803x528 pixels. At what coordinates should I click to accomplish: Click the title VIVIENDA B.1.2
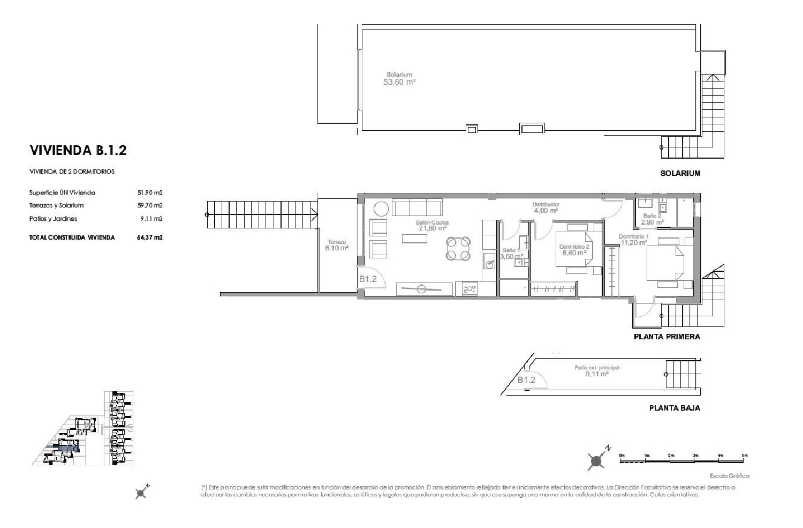pyautogui.click(x=78, y=150)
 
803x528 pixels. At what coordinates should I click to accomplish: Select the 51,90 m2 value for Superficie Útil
pyautogui.click(x=150, y=192)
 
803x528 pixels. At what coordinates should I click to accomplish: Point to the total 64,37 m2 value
pyautogui.click(x=150, y=237)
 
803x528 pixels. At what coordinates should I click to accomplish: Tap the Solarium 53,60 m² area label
pyautogui.click(x=399, y=79)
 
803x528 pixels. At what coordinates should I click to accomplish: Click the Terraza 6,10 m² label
pyautogui.click(x=337, y=245)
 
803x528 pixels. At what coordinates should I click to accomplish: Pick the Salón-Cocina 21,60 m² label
pyautogui.click(x=433, y=225)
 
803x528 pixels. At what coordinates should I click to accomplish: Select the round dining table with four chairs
pyautogui.click(x=459, y=248)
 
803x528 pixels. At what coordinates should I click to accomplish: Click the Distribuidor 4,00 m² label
pyautogui.click(x=546, y=207)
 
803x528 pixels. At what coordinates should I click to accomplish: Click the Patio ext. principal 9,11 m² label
pyautogui.click(x=597, y=371)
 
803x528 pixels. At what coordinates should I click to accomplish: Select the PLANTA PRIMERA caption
pyautogui.click(x=666, y=337)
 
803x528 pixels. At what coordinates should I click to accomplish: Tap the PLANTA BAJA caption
pyautogui.click(x=674, y=408)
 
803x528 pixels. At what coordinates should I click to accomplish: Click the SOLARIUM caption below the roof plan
pyautogui.click(x=680, y=173)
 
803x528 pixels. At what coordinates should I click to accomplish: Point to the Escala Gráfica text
pyautogui.click(x=729, y=475)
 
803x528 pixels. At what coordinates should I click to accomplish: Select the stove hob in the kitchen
pyautogui.click(x=469, y=289)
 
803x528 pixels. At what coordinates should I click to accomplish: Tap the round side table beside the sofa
pyautogui.click(x=382, y=208)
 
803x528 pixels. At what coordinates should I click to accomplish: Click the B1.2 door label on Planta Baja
pyautogui.click(x=527, y=380)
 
